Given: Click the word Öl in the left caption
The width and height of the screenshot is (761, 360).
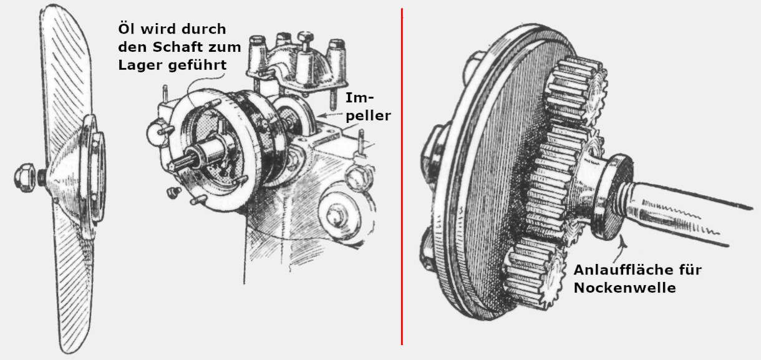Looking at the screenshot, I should point(127,29).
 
